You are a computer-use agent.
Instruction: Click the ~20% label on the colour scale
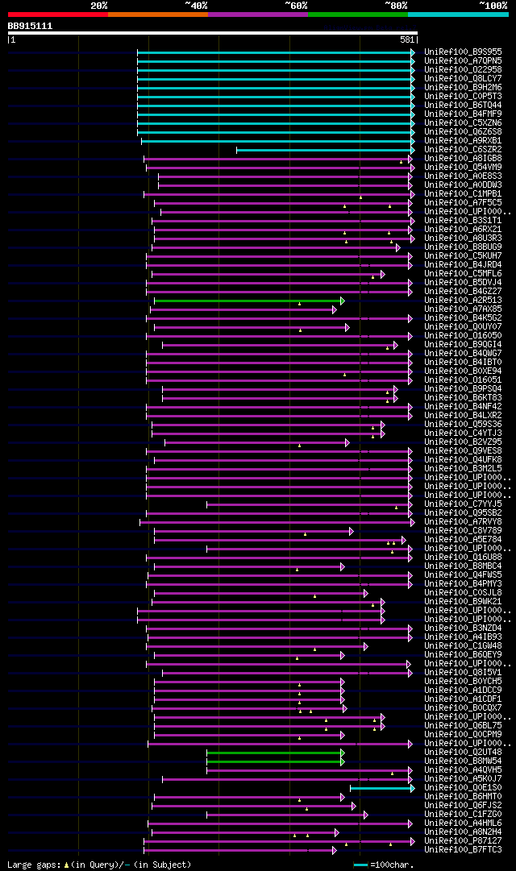coord(99,5)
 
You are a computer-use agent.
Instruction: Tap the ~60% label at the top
coord(296,5)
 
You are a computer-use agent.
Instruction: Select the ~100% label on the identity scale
coord(493,5)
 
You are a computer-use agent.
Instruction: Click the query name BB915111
coord(30,26)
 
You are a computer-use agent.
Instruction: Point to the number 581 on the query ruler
coord(407,39)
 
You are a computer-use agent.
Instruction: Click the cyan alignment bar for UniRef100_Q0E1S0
coord(381,788)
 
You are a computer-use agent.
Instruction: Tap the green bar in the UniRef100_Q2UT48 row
coord(274,753)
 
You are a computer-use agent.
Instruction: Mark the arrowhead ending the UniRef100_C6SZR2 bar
coord(413,150)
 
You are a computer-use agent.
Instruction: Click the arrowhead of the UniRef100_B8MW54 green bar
coord(343,761)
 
